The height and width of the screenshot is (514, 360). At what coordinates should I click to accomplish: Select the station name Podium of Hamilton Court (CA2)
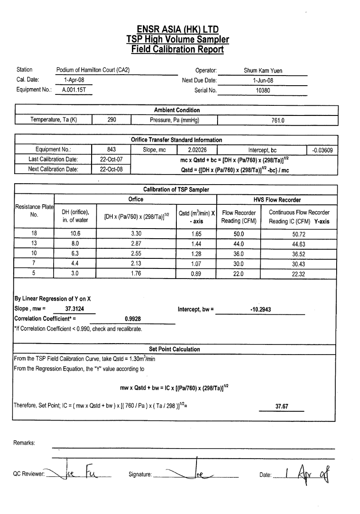(x=93, y=70)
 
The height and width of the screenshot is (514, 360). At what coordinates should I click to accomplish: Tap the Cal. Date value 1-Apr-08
(x=74, y=80)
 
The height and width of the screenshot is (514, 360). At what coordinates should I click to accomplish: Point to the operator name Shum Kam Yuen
(x=263, y=71)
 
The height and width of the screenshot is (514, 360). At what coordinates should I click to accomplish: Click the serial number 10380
(x=263, y=90)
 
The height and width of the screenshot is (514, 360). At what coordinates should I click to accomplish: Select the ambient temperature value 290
(x=112, y=120)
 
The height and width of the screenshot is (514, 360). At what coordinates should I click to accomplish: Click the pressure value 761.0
(x=278, y=120)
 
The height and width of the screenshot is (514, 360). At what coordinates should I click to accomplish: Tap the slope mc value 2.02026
(x=197, y=149)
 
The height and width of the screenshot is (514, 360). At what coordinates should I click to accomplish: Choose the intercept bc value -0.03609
(x=322, y=150)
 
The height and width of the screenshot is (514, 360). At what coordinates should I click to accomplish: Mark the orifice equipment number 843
(x=111, y=149)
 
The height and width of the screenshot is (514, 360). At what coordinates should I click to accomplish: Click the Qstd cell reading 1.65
(x=196, y=234)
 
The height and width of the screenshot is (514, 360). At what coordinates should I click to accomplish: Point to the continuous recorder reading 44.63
(x=299, y=244)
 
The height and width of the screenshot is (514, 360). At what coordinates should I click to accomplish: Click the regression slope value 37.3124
(x=75, y=309)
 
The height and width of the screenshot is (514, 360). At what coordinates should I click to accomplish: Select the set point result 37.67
(x=282, y=406)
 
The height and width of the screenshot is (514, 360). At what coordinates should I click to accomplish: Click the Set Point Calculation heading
(x=175, y=349)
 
